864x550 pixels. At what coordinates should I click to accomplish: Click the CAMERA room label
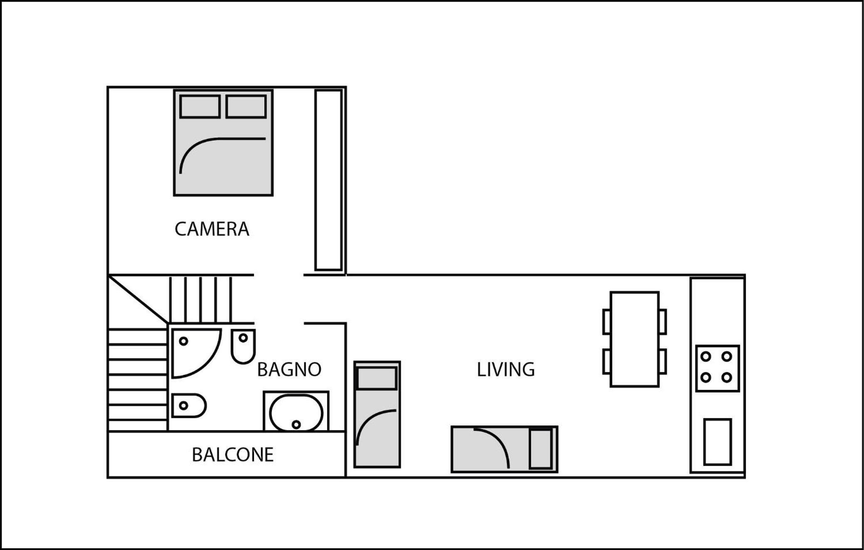click(212, 229)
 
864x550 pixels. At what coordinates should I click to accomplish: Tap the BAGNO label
click(289, 369)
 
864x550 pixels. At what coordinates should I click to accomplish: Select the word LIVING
click(506, 369)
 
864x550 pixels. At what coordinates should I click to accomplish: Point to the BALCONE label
click(232, 454)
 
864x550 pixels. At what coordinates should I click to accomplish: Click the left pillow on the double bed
click(200, 106)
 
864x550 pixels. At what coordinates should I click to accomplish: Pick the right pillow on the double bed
click(246, 106)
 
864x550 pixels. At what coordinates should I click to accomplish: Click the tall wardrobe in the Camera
click(328, 180)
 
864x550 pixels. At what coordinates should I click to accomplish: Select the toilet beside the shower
click(243, 346)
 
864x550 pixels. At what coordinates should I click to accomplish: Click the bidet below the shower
click(189, 405)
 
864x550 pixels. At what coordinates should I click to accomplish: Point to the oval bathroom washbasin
click(296, 413)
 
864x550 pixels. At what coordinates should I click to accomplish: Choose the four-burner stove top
click(718, 368)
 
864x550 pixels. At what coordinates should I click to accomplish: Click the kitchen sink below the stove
click(718, 442)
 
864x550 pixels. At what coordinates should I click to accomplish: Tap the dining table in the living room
click(634, 339)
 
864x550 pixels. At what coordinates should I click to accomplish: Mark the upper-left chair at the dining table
click(607, 322)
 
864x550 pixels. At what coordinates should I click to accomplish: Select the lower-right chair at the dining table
click(663, 361)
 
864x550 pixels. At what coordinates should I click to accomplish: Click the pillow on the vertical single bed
click(377, 378)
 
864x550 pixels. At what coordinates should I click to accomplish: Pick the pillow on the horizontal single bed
click(541, 449)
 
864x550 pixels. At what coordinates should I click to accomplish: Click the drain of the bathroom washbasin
click(296, 424)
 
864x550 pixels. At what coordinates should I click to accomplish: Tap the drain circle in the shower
click(183, 341)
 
